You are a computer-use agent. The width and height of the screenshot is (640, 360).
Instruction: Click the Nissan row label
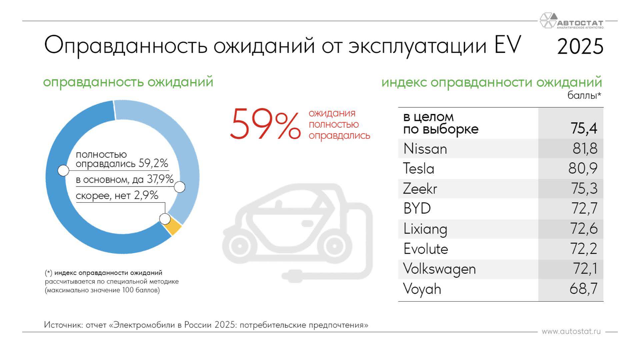pyautogui.click(x=425, y=149)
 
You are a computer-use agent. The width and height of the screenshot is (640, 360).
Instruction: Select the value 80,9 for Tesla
pyautogui.click(x=583, y=169)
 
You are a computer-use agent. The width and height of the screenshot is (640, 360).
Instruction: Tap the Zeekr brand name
pyautogui.click(x=420, y=189)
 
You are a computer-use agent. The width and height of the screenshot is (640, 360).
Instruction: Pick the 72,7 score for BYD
pyautogui.click(x=584, y=209)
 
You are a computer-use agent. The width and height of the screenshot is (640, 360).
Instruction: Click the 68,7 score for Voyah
pyautogui.click(x=584, y=289)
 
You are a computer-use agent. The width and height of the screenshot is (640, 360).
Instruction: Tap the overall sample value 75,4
pyautogui.click(x=584, y=128)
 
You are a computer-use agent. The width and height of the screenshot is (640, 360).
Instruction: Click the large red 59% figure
pyautogui.click(x=265, y=124)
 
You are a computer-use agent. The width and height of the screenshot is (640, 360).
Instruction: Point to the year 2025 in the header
pyautogui.click(x=580, y=46)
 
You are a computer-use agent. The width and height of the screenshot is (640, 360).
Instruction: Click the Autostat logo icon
pyautogui.click(x=549, y=20)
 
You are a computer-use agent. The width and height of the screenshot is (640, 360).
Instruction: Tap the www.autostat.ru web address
pyautogui.click(x=571, y=332)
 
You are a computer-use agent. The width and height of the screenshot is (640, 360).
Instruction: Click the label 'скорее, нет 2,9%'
pyautogui.click(x=117, y=195)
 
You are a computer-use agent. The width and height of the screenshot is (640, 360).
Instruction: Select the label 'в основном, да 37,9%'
pyautogui.click(x=125, y=180)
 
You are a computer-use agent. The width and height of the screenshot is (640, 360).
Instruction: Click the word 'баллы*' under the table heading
pyautogui.click(x=584, y=96)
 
